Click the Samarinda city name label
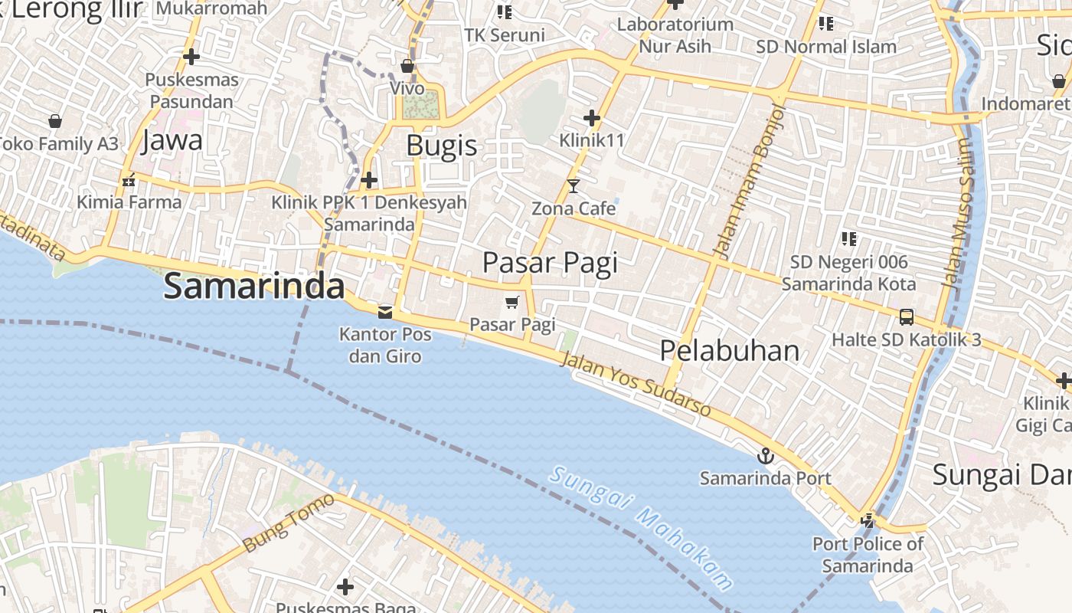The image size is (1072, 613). (x=253, y=287)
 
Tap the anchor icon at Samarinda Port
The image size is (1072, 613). (x=765, y=457)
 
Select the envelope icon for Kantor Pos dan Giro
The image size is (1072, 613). (x=385, y=312)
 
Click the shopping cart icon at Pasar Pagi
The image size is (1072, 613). (x=512, y=303)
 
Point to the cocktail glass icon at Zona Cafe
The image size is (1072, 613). (x=574, y=185)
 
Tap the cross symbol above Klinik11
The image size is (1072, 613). (x=591, y=118)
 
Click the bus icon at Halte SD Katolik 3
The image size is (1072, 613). (x=906, y=316)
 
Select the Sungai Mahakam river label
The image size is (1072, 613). (x=640, y=527)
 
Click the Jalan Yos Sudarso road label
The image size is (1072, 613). (x=636, y=385)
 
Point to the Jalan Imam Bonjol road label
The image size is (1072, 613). (x=749, y=181)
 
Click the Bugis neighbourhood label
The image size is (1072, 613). (x=441, y=146)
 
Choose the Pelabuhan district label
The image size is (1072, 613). (x=729, y=351)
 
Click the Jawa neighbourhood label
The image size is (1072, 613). (x=172, y=140)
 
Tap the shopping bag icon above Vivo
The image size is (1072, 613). (x=407, y=66)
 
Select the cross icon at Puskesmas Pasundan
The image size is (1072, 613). (x=191, y=57)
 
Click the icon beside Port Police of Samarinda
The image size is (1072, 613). (x=868, y=521)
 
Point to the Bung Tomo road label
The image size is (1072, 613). (x=289, y=523)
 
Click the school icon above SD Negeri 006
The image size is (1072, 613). (x=848, y=239)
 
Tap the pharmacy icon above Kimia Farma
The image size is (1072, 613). (x=129, y=180)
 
